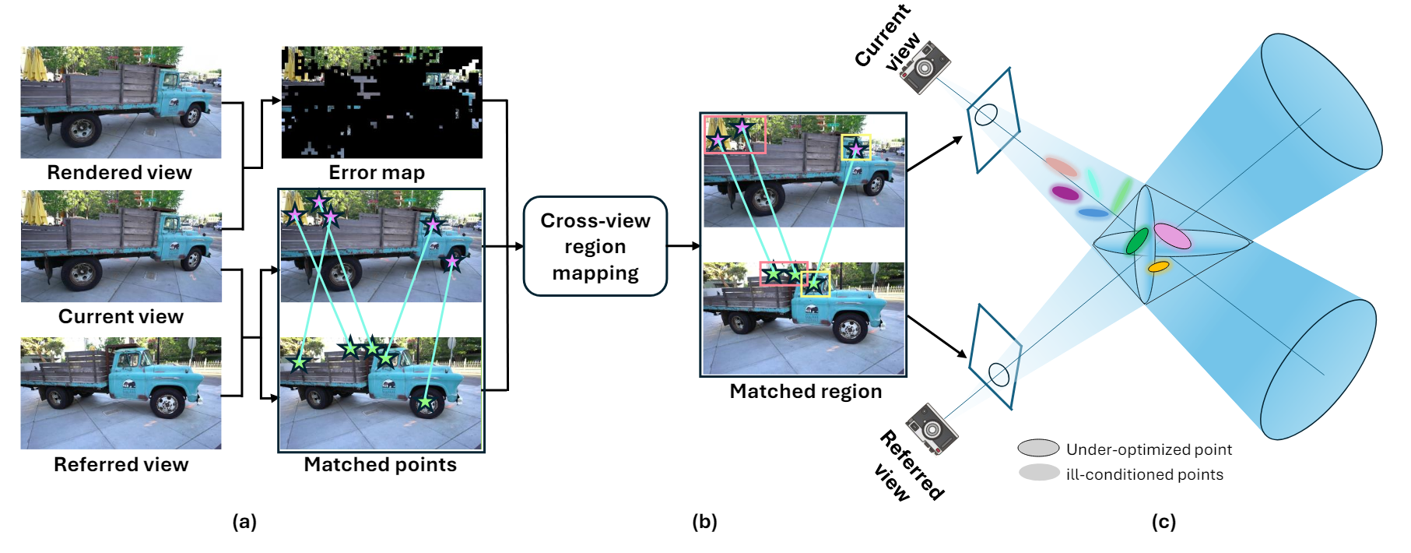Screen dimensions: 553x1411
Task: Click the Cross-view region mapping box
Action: click(x=595, y=246)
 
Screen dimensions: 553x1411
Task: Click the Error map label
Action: click(x=377, y=172)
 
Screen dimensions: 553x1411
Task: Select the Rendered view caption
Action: click(x=119, y=172)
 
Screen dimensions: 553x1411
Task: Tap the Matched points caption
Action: click(x=380, y=464)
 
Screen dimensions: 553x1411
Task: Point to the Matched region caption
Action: click(x=806, y=391)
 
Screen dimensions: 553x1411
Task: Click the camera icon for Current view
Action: click(x=925, y=68)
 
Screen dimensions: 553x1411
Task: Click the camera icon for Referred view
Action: click(x=932, y=428)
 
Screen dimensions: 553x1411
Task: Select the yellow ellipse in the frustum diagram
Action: click(x=1158, y=266)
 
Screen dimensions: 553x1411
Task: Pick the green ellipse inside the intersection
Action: click(x=1137, y=241)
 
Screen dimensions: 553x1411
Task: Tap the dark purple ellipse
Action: click(x=1065, y=192)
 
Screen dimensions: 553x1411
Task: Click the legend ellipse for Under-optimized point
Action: click(x=1038, y=448)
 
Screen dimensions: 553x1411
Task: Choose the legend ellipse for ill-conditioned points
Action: click(x=1038, y=473)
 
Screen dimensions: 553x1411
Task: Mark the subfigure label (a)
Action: click(x=244, y=522)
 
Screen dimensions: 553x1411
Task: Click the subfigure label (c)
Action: click(x=1164, y=522)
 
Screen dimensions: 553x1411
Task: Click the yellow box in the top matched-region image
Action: click(x=856, y=147)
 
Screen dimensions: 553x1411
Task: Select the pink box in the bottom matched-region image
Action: click(x=783, y=273)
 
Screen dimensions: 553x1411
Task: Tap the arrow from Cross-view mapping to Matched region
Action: click(x=683, y=246)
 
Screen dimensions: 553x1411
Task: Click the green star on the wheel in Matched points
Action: click(x=425, y=402)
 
